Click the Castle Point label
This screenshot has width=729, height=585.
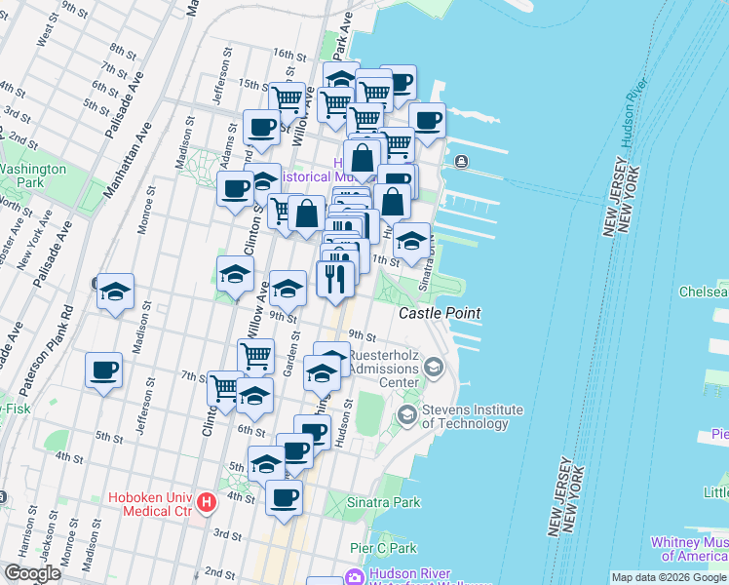click(439, 313)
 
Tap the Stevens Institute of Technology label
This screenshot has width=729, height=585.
click(471, 416)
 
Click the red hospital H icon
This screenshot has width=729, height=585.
click(206, 503)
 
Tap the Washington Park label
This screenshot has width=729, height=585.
click(32, 175)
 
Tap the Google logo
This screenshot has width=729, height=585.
click(32, 573)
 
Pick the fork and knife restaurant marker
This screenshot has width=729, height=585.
click(334, 279)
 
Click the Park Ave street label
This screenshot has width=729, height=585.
click(341, 33)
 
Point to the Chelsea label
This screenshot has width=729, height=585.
click(704, 292)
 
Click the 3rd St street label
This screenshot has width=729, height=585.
click(227, 535)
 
